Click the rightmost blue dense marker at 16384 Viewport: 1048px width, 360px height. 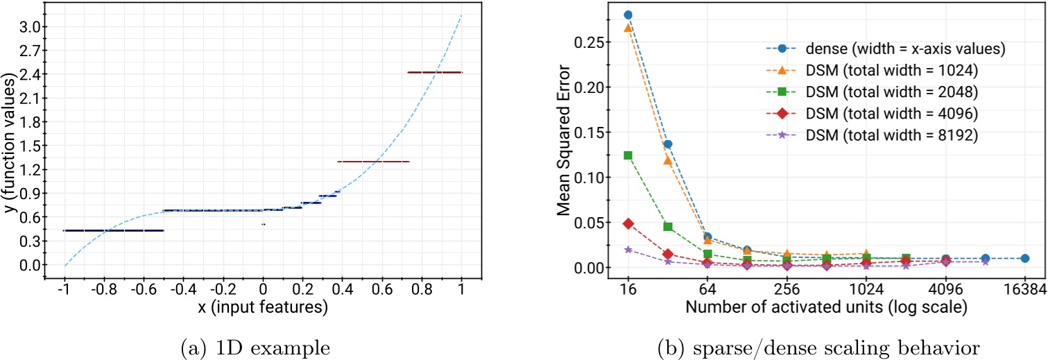[1024, 258]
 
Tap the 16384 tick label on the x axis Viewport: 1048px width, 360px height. [1024, 288]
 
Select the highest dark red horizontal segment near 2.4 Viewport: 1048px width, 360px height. [434, 72]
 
